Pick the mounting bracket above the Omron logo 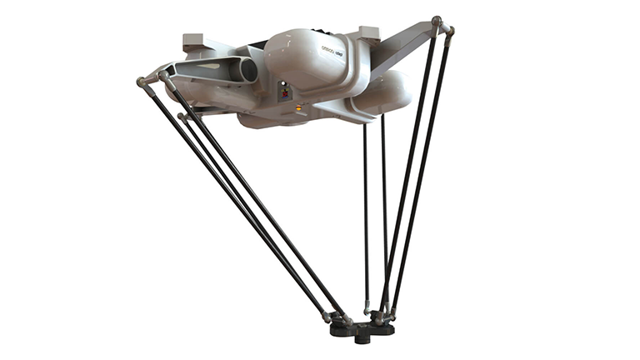click(367, 33)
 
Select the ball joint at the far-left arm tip click(142, 82)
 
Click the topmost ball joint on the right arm click(437, 19)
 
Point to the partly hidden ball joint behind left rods click(182, 117)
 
